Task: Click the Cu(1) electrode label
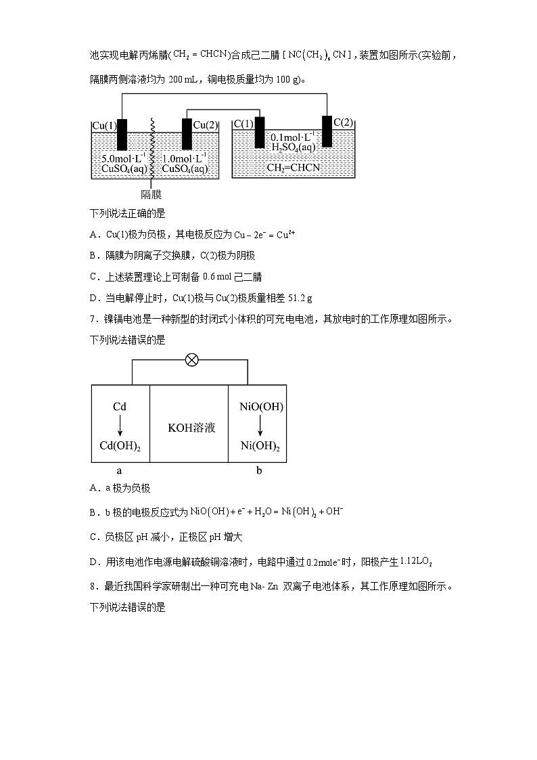tap(104, 125)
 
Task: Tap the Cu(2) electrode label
tap(206, 125)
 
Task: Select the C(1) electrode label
tap(243, 124)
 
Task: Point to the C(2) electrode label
tap(343, 122)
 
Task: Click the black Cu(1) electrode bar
tap(122, 135)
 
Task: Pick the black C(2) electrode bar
tap(327, 131)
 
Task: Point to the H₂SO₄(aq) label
tap(293, 148)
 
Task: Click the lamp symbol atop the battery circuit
tap(192, 360)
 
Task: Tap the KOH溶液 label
tap(191, 428)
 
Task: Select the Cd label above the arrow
tap(120, 407)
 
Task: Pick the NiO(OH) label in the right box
tap(262, 407)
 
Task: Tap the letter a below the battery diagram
tap(120, 470)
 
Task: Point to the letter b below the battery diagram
tap(259, 470)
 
